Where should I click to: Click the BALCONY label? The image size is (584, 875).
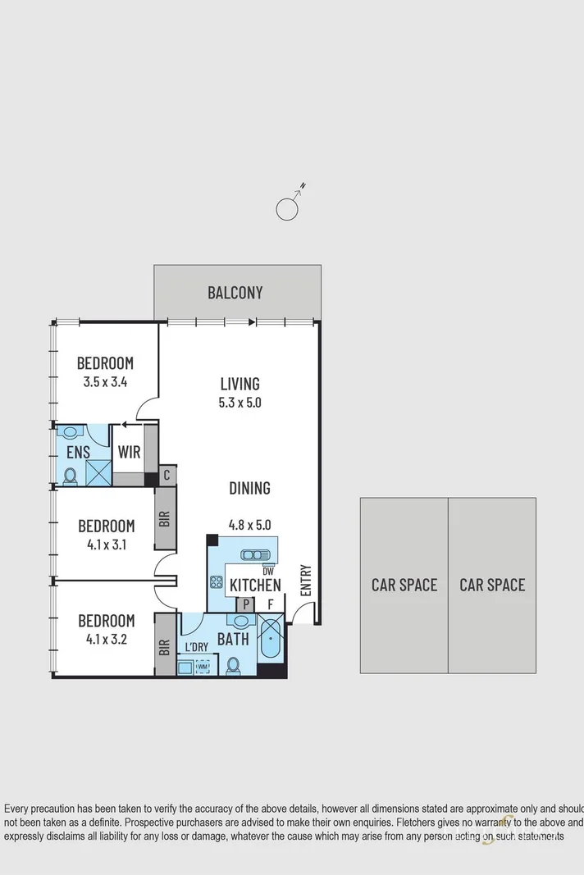pos(235,293)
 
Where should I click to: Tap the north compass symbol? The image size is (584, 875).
pos(287,208)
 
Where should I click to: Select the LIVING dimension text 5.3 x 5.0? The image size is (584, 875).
pos(240,403)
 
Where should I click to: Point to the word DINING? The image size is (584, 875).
pos(249,488)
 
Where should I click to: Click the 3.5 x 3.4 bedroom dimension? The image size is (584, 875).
pos(105,381)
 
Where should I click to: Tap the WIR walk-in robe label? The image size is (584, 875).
pos(129,453)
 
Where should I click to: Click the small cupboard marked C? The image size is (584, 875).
pos(167,474)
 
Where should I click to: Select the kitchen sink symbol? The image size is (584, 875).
pos(249,555)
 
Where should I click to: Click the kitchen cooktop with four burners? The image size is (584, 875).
pos(217,582)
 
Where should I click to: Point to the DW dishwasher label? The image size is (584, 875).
pos(267,571)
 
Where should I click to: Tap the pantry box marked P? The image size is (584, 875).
pos(244,605)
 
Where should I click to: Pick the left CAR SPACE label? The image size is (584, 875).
pos(404,585)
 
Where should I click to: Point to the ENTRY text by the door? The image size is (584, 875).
pos(305,580)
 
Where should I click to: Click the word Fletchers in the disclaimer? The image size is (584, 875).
pos(422,822)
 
